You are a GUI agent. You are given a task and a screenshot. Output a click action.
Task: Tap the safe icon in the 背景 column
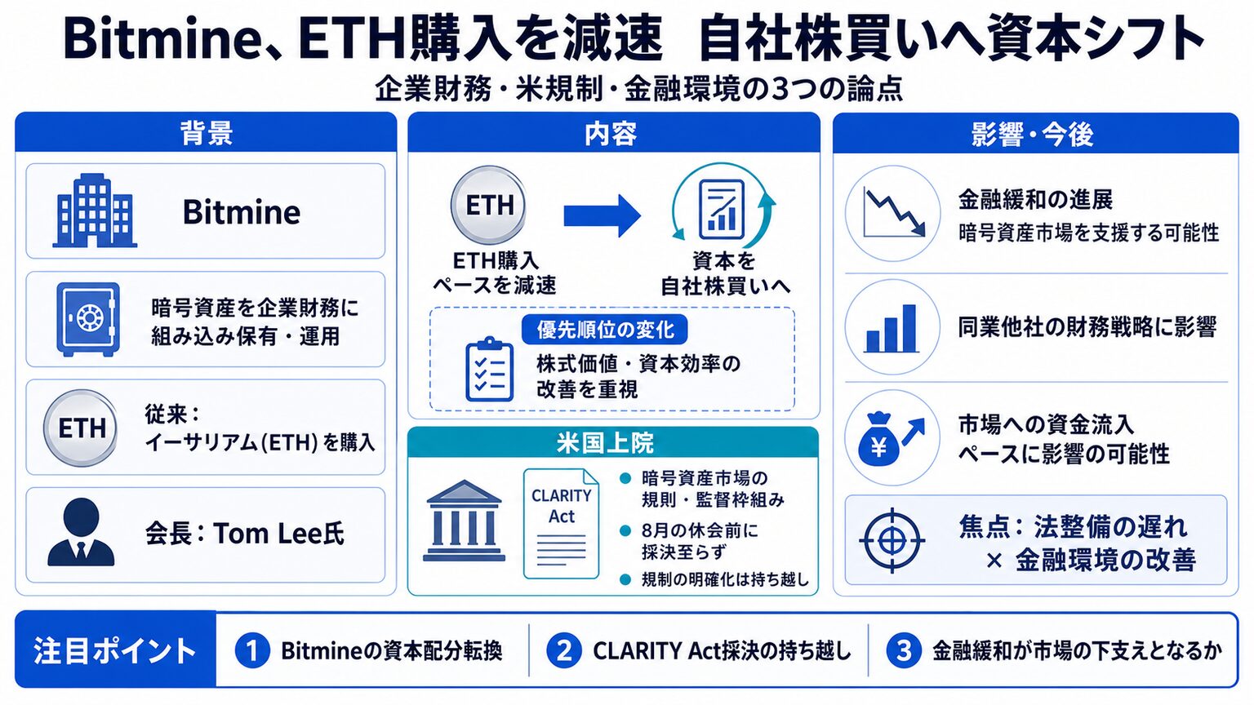[x=88, y=319]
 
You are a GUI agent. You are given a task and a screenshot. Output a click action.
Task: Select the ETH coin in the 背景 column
[x=81, y=428]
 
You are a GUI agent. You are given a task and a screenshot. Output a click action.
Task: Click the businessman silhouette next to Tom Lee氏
[x=81, y=532]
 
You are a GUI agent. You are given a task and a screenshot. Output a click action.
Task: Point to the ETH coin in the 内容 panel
[x=489, y=205]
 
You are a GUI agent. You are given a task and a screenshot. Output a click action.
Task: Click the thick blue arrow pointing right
[x=602, y=216]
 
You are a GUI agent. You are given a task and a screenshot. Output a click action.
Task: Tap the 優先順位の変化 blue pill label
[x=605, y=330]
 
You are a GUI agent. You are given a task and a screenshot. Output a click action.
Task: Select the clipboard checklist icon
[x=489, y=370]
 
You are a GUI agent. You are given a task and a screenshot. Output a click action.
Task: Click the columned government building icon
[x=464, y=521]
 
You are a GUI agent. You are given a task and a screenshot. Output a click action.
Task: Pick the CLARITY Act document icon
[x=561, y=524]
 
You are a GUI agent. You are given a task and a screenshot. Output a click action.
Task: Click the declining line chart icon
[x=892, y=213]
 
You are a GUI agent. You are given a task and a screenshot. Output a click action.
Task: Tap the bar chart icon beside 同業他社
[x=892, y=327]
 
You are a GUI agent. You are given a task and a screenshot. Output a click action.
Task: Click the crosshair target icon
[x=892, y=540]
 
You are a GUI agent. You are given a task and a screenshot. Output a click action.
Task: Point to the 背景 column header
[x=206, y=133]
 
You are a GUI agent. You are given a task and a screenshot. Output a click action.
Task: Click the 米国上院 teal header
[x=613, y=442]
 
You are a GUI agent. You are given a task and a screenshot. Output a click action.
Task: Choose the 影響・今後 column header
[x=1035, y=134]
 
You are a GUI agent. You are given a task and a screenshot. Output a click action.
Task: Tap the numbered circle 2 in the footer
[x=564, y=650]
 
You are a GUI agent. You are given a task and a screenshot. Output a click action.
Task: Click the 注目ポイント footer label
[x=115, y=650]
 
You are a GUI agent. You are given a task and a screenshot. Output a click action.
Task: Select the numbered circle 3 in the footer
[x=904, y=650]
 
